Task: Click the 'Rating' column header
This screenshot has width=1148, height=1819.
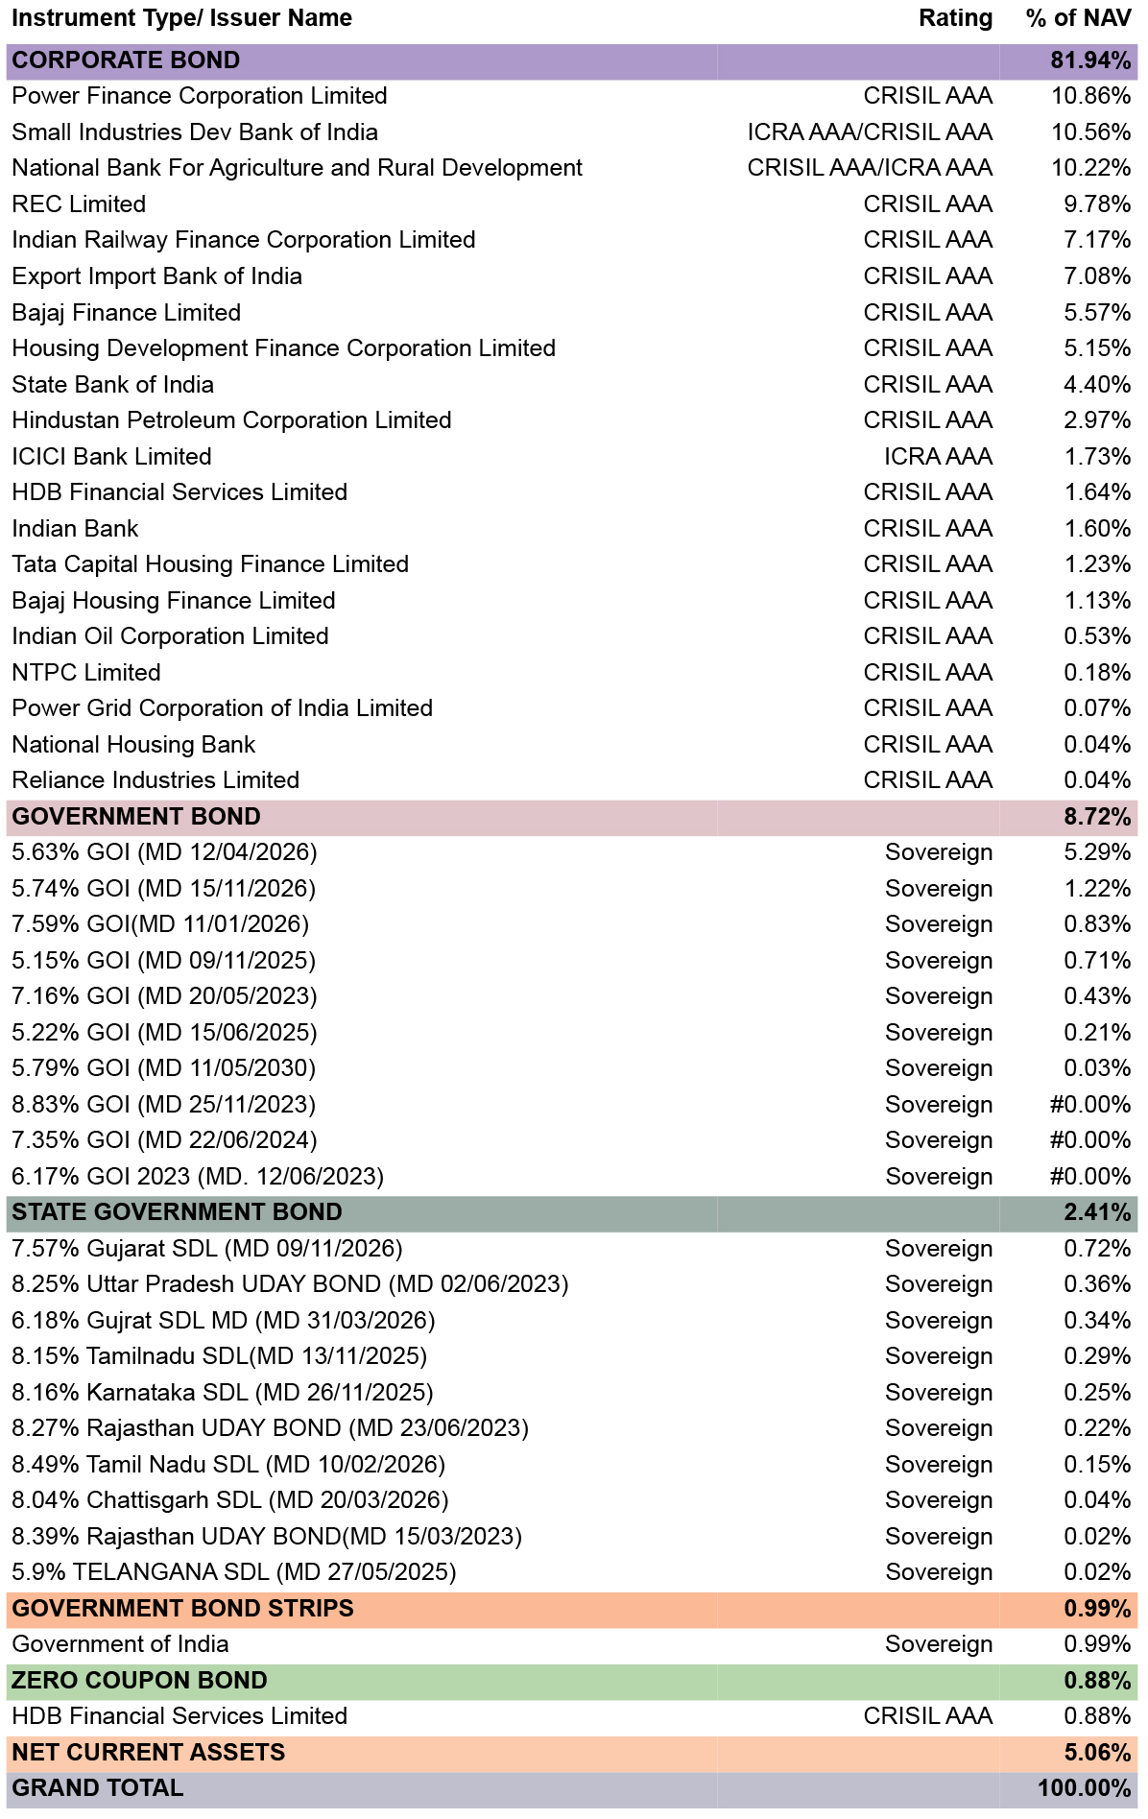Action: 955,18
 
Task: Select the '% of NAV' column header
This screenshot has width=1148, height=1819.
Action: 1078,18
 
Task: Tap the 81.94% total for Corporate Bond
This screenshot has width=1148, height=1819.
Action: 1090,60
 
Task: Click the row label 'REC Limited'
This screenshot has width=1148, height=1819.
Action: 79,204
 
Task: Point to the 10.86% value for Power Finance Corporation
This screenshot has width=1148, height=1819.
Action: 1090,96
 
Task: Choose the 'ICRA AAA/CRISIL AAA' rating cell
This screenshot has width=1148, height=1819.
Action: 870,132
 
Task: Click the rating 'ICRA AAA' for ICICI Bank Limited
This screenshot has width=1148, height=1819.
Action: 938,457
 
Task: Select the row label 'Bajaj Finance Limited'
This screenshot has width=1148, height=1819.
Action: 126,313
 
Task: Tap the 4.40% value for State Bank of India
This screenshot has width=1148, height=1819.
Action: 1097,385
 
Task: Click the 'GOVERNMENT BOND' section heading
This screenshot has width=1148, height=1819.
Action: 136,817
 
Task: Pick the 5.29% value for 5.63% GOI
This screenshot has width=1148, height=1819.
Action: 1097,852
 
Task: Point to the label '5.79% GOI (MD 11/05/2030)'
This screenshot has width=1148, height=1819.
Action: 164,1068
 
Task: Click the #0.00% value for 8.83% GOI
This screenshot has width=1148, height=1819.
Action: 1090,1105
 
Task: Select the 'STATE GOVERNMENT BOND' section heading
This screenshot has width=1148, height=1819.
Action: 177,1212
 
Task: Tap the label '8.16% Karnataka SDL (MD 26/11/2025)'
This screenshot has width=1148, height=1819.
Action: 223,1393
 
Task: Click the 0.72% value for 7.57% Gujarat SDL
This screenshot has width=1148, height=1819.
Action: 1097,1249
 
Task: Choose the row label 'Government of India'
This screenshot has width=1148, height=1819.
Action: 120,1644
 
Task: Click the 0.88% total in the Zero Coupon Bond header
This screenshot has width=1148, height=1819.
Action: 1097,1681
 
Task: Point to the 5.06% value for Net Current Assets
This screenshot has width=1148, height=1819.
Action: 1097,1753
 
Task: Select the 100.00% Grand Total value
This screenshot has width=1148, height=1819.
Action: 1085,1788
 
